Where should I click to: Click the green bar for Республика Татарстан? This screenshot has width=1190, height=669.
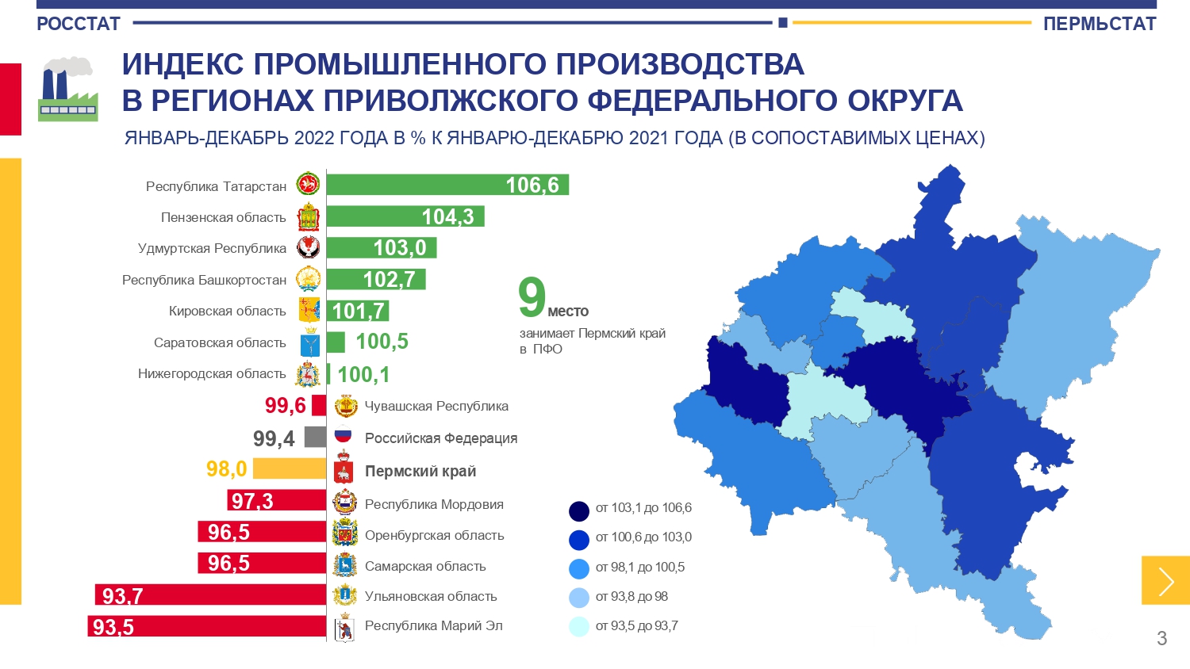[x=447, y=185]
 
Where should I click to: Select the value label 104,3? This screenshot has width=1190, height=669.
[x=447, y=216]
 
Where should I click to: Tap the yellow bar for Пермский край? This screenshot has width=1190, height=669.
[x=290, y=468]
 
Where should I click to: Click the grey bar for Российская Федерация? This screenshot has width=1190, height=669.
[x=316, y=438]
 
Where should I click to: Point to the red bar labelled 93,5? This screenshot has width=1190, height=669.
[x=206, y=626]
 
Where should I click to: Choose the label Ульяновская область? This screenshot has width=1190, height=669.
[x=431, y=596]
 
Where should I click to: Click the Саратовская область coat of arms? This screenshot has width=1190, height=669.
[x=309, y=342]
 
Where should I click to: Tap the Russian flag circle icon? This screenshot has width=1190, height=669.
[x=344, y=435]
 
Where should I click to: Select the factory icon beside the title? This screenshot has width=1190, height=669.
[x=68, y=89]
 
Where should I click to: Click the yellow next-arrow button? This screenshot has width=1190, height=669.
[x=1165, y=580]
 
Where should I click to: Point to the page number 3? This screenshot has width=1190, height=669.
[x=1162, y=638]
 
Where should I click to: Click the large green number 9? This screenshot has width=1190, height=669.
[x=532, y=296]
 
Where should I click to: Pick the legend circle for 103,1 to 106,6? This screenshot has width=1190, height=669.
[x=578, y=510]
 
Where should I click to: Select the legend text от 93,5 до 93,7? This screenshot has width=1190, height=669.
[x=636, y=626]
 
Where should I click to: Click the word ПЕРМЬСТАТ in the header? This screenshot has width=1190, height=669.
[x=1100, y=24]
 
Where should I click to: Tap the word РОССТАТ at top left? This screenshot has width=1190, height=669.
[x=79, y=24]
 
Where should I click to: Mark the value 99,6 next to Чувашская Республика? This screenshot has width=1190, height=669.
[x=286, y=406]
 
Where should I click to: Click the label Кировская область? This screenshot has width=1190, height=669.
[x=228, y=312]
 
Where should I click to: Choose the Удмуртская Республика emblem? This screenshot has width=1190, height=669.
[x=309, y=247]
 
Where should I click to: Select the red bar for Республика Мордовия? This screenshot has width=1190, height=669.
[x=276, y=500]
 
